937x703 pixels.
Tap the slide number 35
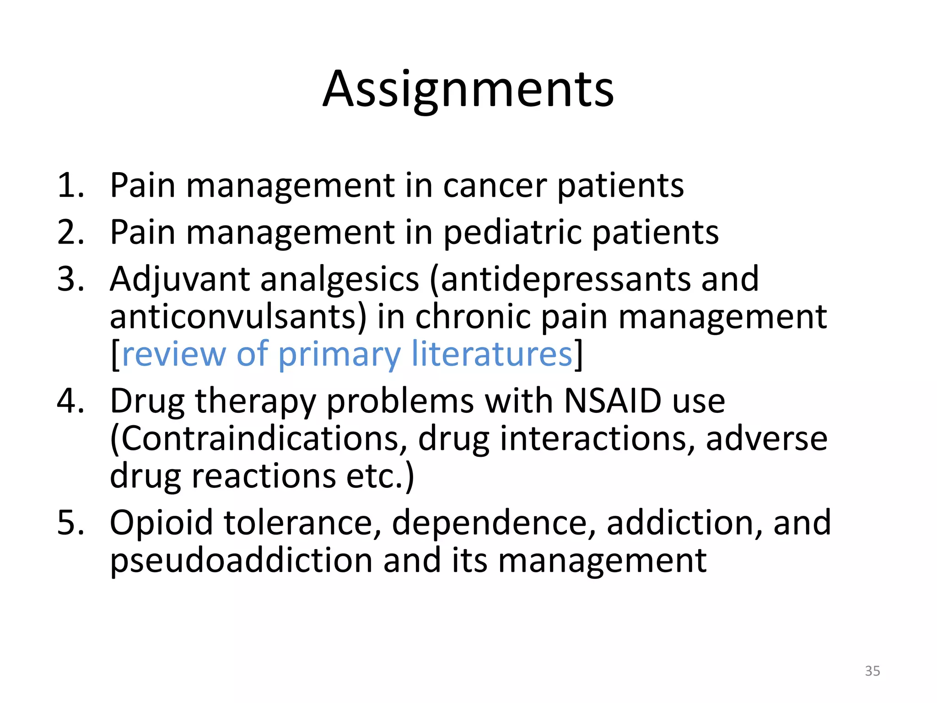tap(872, 671)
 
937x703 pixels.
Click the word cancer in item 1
tap(495, 186)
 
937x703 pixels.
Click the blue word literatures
tap(492, 354)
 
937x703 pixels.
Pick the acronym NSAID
tap(613, 401)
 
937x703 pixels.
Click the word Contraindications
tap(259, 438)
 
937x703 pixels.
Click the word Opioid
tap(161, 523)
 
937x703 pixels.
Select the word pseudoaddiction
tap(241, 561)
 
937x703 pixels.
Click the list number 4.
tap(70, 401)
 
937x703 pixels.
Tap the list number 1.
tap(70, 186)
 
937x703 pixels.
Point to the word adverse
tap(766, 438)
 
